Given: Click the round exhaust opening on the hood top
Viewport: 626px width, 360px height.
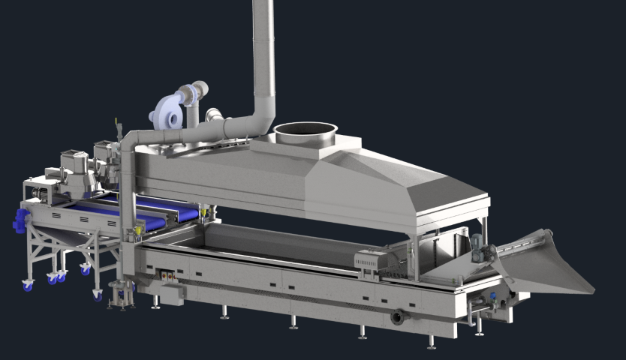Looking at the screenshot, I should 305,133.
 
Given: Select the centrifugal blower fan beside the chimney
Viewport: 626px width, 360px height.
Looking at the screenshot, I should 169,113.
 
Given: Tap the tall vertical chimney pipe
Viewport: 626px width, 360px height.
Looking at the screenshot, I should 263,52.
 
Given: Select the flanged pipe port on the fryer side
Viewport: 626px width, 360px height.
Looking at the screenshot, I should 398,317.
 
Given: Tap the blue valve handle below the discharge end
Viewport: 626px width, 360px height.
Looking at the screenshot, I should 492,297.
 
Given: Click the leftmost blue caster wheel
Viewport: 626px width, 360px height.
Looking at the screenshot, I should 28,285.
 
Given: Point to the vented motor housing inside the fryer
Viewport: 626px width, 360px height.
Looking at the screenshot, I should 371,262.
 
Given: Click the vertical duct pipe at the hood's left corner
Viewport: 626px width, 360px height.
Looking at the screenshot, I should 128,187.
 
